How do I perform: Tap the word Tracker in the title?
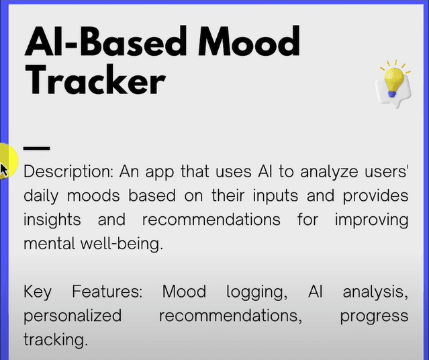pos(95,80)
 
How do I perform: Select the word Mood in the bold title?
pos(249,40)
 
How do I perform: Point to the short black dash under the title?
pos(37,148)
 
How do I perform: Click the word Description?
pos(68,172)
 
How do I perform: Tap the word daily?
pos(41,196)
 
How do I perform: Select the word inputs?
pos(275,196)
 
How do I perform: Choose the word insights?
pos(52,220)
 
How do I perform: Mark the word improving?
pos(371,220)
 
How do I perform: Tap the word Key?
pos(38,292)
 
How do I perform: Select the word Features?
pos(107,291)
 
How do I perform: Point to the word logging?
pos(257,292)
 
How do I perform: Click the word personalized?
pos(73,316)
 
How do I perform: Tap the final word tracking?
pos(56,340)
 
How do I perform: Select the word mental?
pos(50,244)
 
